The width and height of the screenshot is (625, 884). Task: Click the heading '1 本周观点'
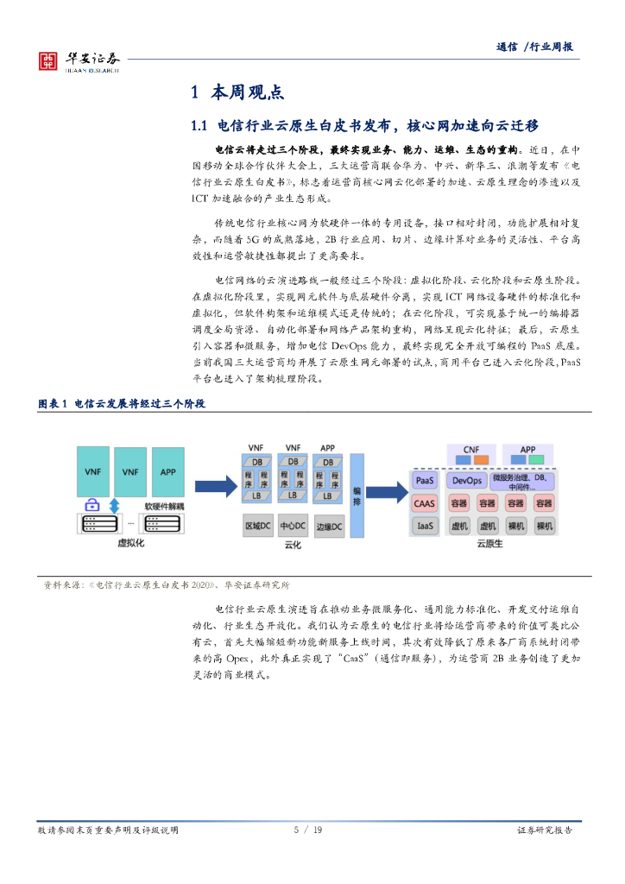tap(237, 92)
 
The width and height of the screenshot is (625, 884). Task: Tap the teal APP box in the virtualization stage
tap(167, 471)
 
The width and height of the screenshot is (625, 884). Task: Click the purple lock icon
tap(92, 505)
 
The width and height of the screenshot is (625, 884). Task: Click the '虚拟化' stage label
tap(129, 545)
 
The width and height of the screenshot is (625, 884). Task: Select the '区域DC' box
tap(258, 526)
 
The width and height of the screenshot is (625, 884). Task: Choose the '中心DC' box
tap(294, 526)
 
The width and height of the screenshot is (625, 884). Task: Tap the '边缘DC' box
tap(329, 526)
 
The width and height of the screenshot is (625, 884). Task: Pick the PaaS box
tap(426, 480)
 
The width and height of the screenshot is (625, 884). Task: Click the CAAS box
tap(426, 502)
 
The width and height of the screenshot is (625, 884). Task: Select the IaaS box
tap(426, 525)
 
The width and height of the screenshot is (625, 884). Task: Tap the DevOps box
tap(467, 480)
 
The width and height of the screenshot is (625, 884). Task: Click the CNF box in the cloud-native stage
tap(471, 450)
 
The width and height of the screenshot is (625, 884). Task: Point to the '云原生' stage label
tap(489, 545)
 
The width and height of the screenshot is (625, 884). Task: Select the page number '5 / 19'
tap(308, 830)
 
